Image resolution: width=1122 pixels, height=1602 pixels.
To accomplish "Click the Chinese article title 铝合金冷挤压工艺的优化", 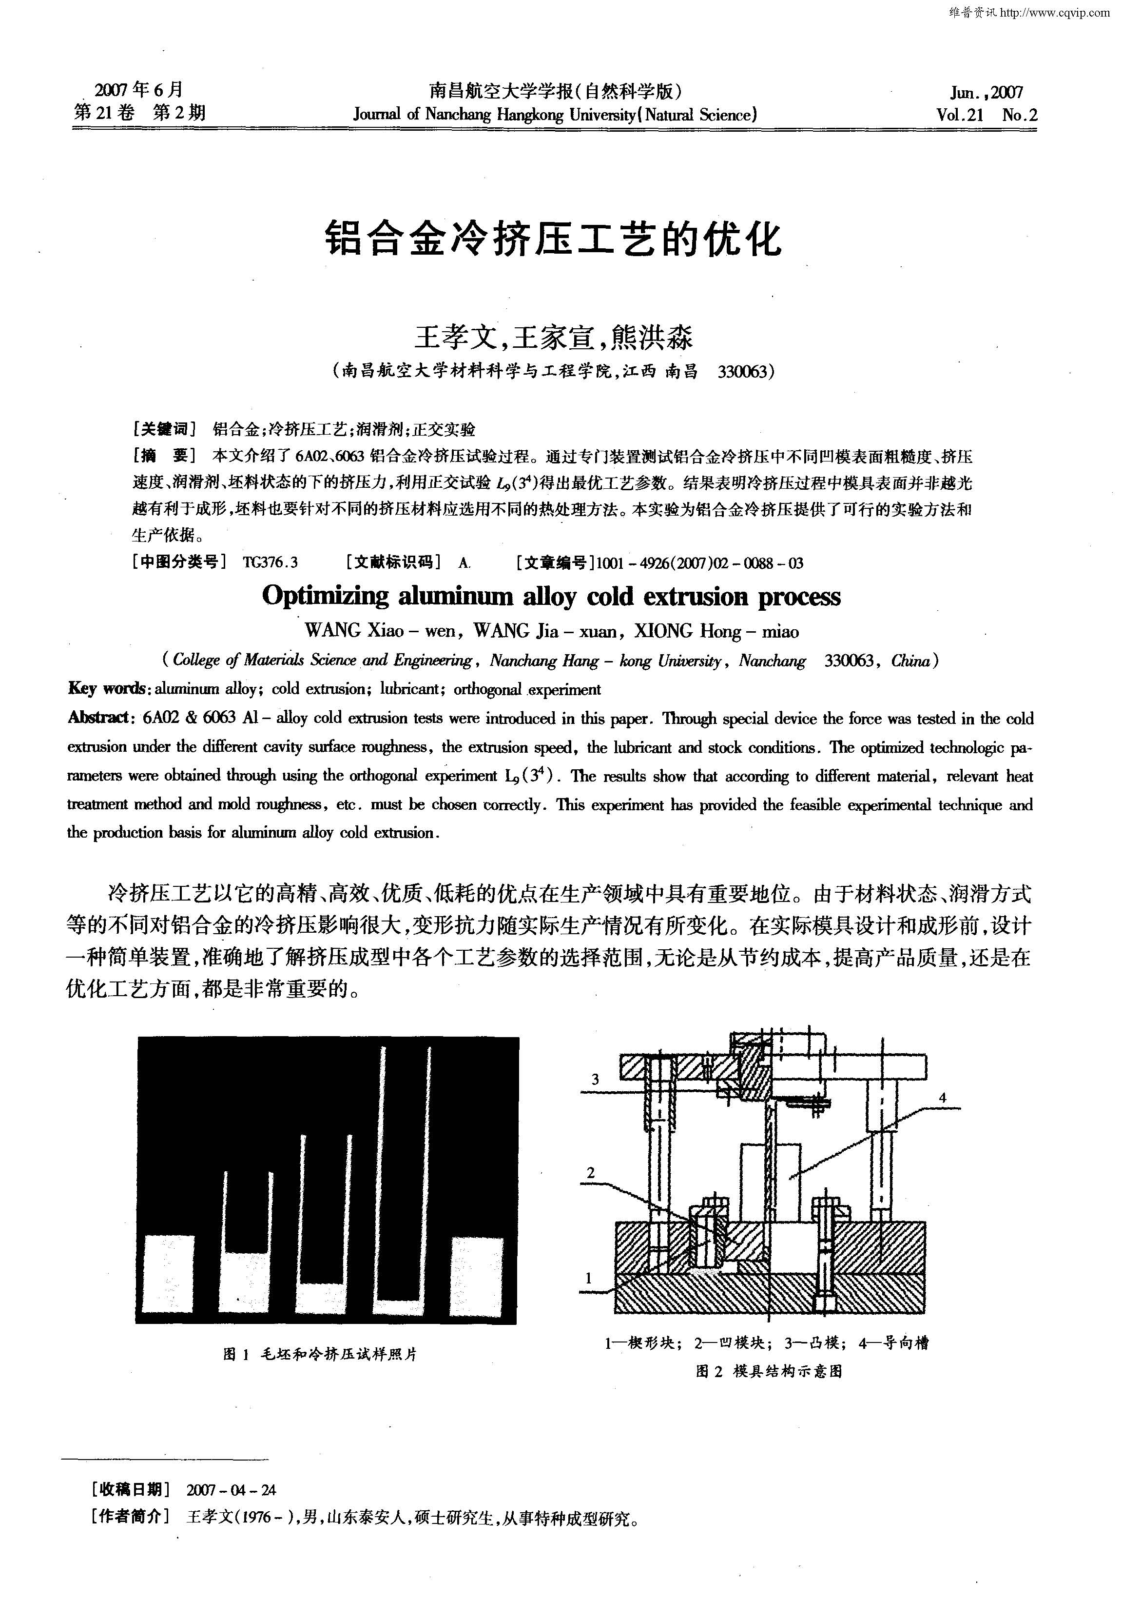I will pyautogui.click(x=554, y=240).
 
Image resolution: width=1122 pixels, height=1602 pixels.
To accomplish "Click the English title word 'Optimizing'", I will pyautogui.click(x=325, y=597).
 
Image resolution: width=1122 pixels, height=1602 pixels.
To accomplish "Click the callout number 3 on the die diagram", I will pyautogui.click(x=595, y=1080).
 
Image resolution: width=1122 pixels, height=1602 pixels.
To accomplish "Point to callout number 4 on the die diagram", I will pyautogui.click(x=943, y=1098).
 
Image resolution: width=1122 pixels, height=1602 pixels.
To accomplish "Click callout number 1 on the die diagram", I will pyautogui.click(x=589, y=1278).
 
